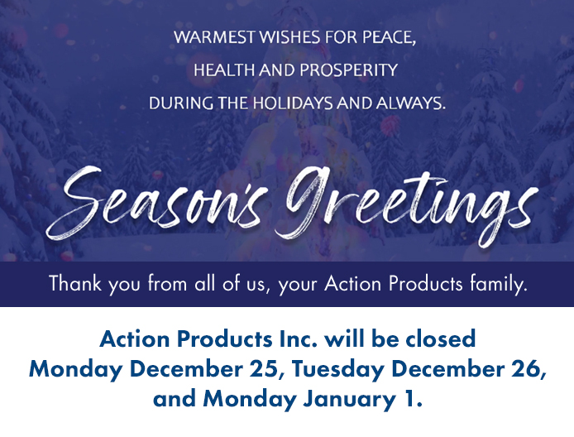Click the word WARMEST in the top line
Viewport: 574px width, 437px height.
pos(214,37)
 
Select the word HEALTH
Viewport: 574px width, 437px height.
pos(225,70)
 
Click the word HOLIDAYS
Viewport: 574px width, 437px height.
pos(293,103)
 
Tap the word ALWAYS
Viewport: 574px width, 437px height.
pos(411,103)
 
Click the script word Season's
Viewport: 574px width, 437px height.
pos(155,204)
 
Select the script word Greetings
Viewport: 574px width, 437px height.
pos(406,205)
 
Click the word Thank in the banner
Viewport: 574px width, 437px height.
pos(75,283)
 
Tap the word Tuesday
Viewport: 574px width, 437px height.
pos(338,369)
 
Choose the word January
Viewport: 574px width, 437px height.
pos(349,399)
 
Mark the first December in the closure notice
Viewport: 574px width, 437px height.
pos(186,368)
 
